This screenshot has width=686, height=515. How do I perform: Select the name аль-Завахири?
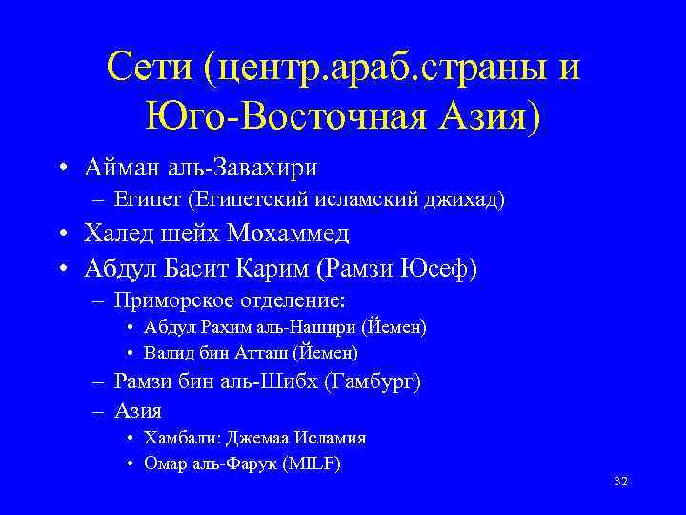pyautogui.click(x=251, y=168)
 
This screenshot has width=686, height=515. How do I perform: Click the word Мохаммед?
pyautogui.click(x=289, y=234)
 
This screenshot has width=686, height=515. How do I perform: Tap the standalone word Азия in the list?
pyautogui.click(x=138, y=412)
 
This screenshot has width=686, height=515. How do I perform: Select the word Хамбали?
pyautogui.click(x=180, y=439)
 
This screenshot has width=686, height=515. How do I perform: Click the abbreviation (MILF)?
pyautogui.click(x=313, y=464)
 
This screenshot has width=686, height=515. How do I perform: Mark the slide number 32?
pyautogui.click(x=620, y=482)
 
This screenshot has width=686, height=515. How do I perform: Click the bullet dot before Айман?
pyautogui.click(x=60, y=169)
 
